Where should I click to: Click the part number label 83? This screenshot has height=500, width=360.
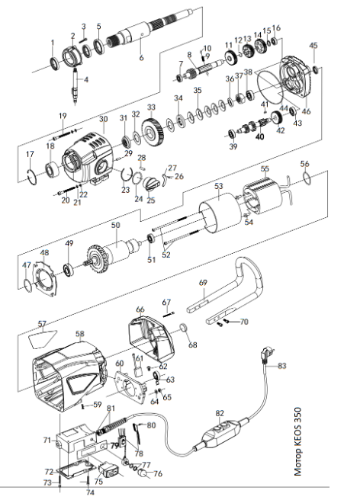pyautogui.click(x=281, y=366)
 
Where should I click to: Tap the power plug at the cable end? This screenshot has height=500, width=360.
pyautogui.click(x=266, y=354)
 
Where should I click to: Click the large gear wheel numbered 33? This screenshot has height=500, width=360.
pyautogui.click(x=153, y=131)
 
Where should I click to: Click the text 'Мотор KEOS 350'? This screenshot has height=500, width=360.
pyautogui.click(x=297, y=441)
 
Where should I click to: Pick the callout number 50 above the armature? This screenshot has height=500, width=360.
pyautogui.click(x=115, y=225)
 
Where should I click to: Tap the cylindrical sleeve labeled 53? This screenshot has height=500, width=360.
pyautogui.click(x=220, y=211)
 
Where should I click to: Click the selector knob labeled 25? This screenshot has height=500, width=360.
pyautogui.click(x=152, y=184)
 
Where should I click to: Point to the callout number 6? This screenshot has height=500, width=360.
pyautogui.click(x=141, y=58)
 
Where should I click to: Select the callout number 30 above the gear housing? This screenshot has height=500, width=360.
pyautogui.click(x=104, y=119)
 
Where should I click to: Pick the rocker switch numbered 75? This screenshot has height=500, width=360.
pyautogui.click(x=108, y=470)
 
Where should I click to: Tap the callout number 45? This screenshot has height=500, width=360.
pyautogui.click(x=313, y=46)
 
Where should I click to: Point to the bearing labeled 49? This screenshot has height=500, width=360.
pyautogui.click(x=69, y=270)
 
